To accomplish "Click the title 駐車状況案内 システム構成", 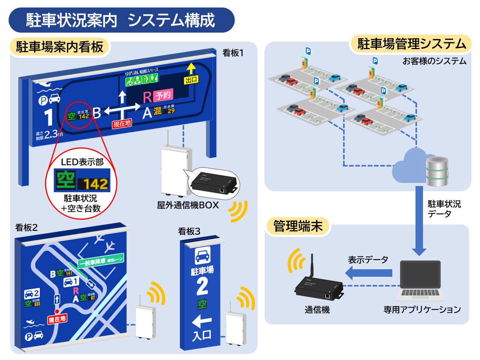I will (121, 20).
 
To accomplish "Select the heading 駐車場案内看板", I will (60, 47).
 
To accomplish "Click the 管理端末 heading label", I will (298, 226).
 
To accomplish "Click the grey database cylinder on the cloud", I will (437, 171).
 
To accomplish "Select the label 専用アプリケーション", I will (422, 310).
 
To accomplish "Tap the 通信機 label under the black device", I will (317, 310).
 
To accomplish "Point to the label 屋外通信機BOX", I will (188, 205).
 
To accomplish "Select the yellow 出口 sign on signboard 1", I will (191, 80).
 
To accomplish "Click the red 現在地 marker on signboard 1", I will (122, 123).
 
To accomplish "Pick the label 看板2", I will (26, 228).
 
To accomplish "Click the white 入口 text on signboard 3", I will (202, 335).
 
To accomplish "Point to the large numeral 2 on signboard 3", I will (202, 286).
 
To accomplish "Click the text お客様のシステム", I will (434, 61).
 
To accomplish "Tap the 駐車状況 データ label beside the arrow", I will (444, 209).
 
